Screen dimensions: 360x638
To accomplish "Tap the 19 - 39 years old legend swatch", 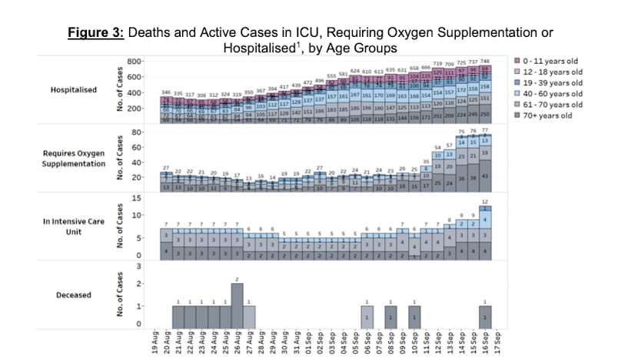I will (x=517, y=81).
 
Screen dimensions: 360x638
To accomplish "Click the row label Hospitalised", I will (x=73, y=90).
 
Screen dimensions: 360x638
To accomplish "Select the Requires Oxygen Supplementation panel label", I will (x=73, y=158).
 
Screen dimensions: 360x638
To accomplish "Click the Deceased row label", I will (x=73, y=294).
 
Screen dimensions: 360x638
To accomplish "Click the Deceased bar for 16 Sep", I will (x=485, y=316).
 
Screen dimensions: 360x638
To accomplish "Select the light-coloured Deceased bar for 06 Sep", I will (x=367, y=316).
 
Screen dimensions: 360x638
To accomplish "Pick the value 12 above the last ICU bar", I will (x=485, y=202).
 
